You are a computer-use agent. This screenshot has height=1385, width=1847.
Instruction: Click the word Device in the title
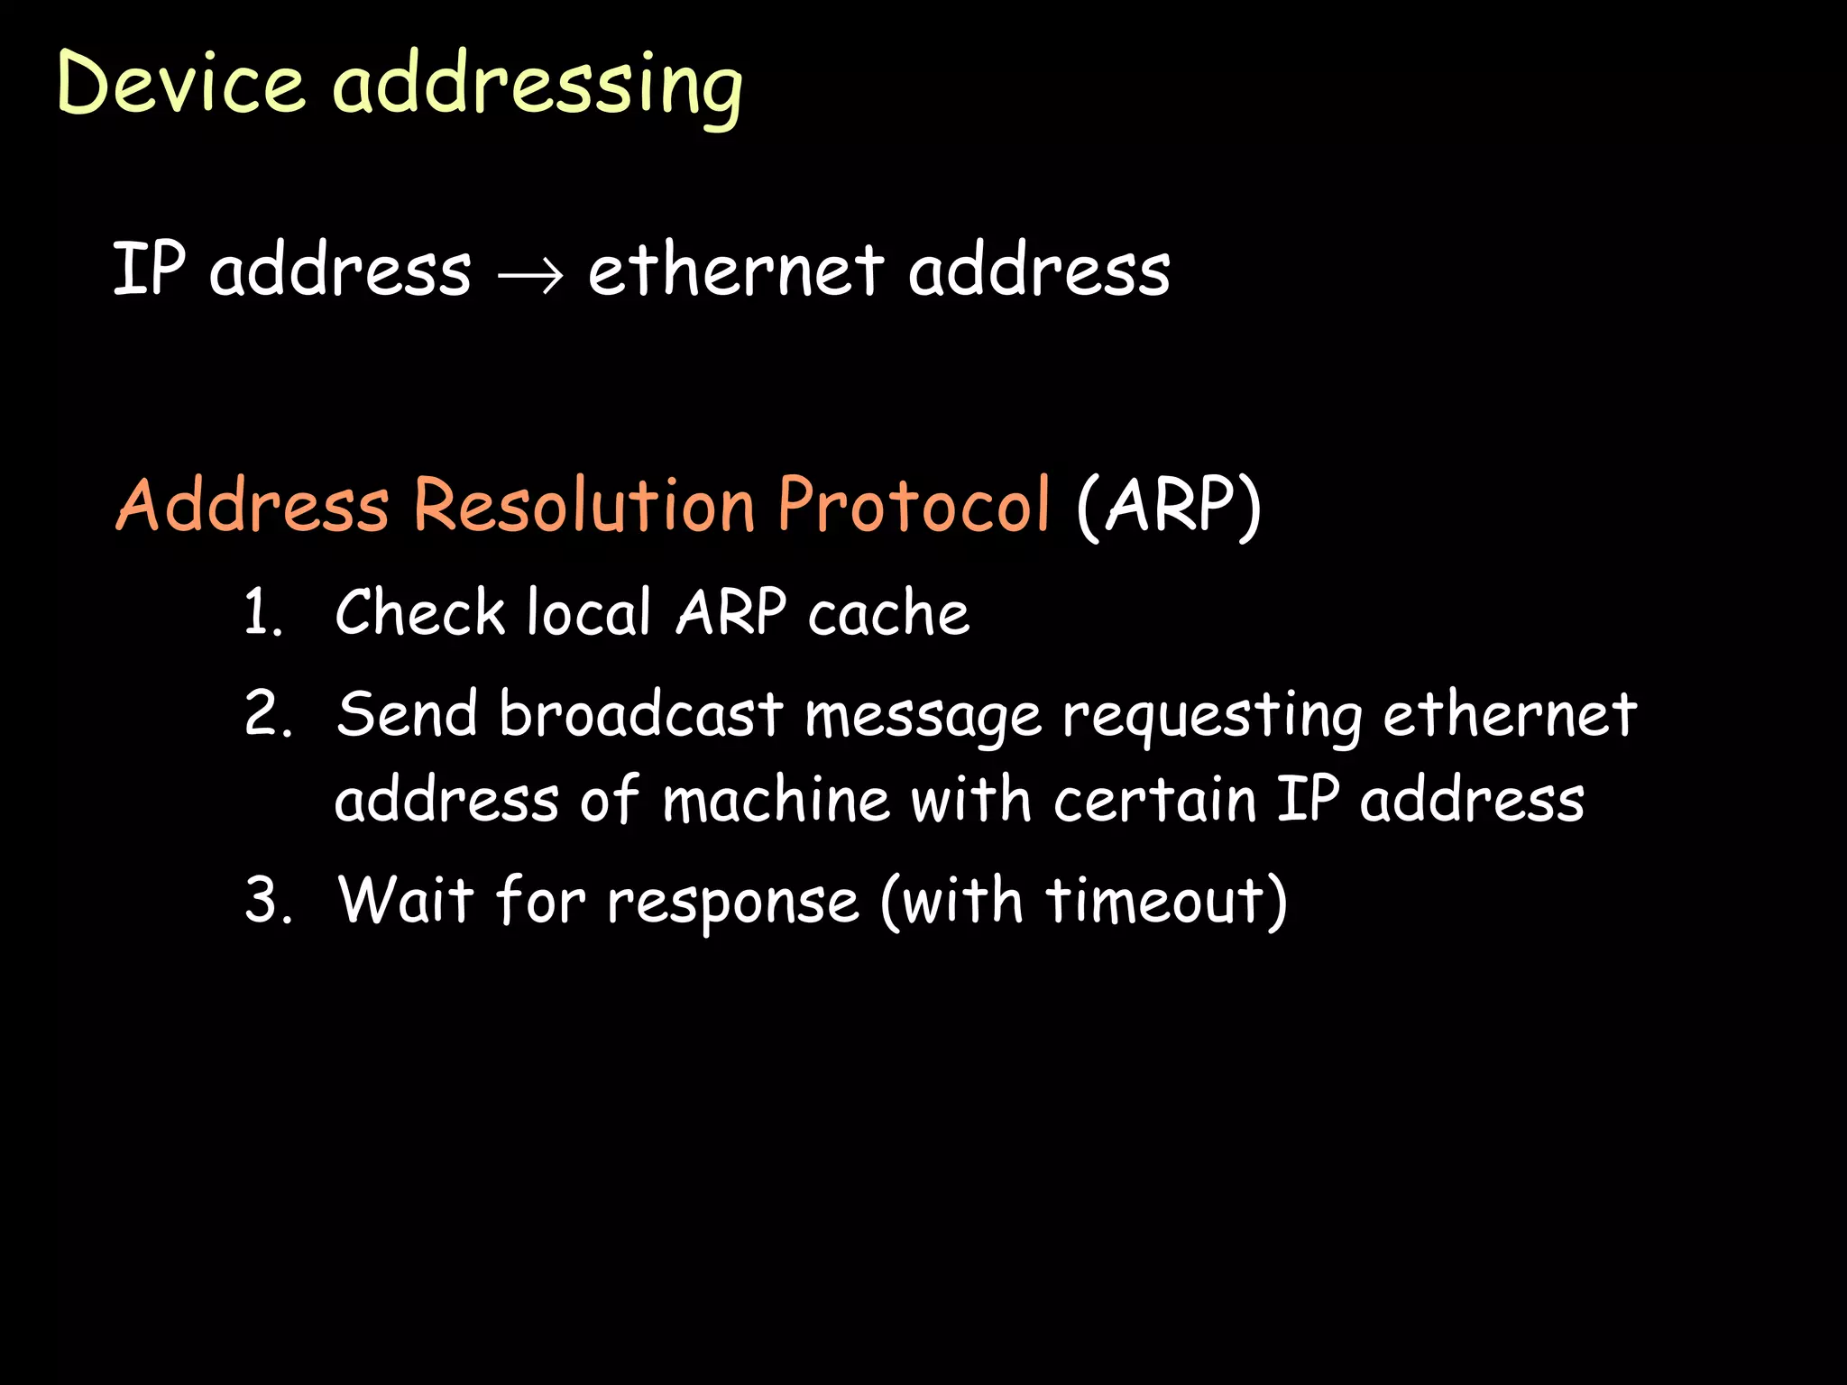180,83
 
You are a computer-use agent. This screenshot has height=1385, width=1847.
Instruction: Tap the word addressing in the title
538,87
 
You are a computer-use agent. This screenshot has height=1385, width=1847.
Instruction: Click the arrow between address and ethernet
530,271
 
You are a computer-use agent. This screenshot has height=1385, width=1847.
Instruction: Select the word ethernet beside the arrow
735,270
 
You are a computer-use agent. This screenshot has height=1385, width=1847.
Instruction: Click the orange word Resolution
584,504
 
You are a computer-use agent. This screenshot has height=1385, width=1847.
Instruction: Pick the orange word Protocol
914,504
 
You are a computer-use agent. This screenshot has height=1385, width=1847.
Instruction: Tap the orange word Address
253,504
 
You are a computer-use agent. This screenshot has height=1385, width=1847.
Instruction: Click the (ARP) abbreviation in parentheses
1169,506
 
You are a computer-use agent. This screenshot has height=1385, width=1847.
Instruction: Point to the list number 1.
262,613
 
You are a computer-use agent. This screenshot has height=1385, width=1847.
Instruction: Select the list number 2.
268,714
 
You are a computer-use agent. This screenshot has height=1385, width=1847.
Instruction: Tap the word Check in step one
420,612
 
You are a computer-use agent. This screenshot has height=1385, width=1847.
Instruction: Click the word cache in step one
888,614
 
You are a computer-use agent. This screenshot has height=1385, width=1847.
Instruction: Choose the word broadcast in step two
641,714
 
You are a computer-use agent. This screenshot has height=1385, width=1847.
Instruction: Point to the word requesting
1212,718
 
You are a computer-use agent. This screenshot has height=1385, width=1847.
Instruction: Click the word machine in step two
776,800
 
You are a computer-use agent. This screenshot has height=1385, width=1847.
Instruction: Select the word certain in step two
1155,800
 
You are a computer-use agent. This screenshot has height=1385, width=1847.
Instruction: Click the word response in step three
733,903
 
